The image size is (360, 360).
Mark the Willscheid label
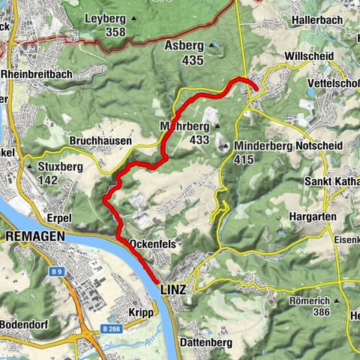(305, 56)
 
